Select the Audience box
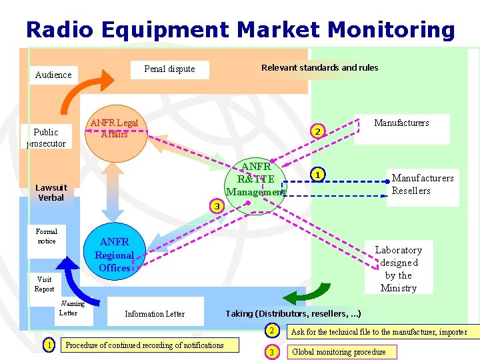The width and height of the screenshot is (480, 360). coord(53,75)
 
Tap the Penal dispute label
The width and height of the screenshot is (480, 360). coord(169,69)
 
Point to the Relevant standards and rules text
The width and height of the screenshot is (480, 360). coord(319,67)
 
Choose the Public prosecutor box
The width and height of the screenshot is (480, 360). coord(46,137)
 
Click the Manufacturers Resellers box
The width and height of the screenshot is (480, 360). coord(422,185)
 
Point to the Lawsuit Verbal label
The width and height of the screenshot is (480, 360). coord(51,193)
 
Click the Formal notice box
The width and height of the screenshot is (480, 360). coord(47,237)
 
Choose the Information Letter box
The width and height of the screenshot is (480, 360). coord(155,313)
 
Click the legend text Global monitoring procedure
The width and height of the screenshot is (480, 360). coord(339,351)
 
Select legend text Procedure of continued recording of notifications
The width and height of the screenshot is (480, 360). coord(144,345)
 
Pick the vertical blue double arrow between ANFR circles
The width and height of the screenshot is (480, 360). coord(113,191)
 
